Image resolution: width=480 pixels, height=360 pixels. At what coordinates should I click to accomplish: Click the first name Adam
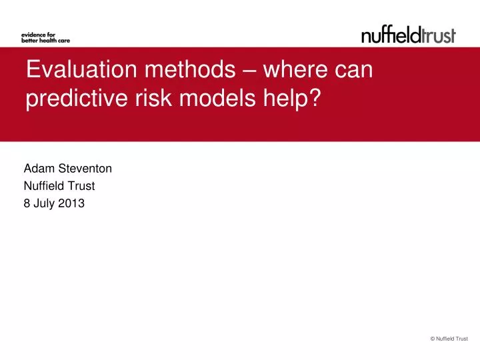tap(37, 169)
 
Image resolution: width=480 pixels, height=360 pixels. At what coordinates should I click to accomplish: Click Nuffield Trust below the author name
tap(59, 187)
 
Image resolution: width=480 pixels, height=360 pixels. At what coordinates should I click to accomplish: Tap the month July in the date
tap(45, 205)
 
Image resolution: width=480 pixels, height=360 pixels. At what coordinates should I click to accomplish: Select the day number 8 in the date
tap(27, 205)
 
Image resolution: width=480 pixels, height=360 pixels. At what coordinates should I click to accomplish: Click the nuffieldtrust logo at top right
tap(408, 35)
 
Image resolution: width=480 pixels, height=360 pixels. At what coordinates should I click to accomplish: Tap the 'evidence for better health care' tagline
tap(45, 36)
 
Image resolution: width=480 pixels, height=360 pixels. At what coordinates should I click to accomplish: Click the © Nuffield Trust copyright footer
tap(449, 339)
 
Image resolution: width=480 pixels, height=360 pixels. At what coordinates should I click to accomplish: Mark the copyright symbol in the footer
tap(433, 339)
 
